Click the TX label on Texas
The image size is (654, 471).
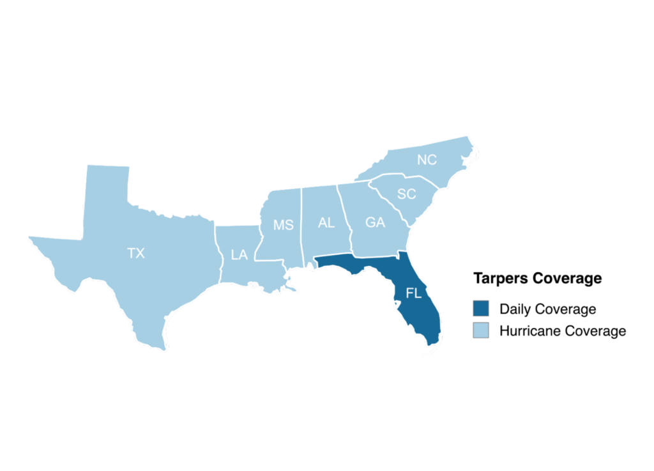(136, 254)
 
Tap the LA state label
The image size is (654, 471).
(240, 255)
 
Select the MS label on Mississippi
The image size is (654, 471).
(283, 225)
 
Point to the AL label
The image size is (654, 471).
(326, 223)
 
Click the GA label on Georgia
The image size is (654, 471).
(375, 222)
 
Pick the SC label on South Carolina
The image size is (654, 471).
(406, 194)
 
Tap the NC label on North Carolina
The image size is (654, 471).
(427, 159)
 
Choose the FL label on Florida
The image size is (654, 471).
(414, 293)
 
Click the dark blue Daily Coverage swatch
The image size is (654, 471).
(481, 309)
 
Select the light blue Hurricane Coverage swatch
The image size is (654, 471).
(481, 331)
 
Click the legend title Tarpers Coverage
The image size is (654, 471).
(537, 279)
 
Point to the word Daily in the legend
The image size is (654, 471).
(515, 309)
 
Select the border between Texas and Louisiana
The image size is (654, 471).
(216, 256)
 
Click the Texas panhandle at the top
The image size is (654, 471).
(107, 185)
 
